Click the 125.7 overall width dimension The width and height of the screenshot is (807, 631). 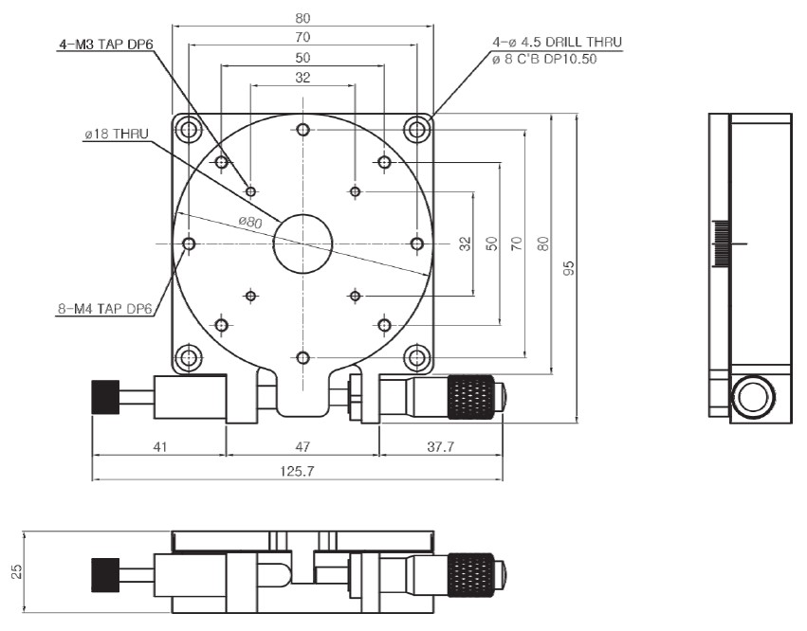297,471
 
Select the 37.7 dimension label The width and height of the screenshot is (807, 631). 440,446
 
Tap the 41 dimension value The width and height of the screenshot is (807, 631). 159,446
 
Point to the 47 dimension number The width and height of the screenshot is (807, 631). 302,446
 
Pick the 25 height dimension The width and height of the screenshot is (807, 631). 15,571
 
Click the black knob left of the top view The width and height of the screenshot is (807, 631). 104,397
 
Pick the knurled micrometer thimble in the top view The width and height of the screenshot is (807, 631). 471,397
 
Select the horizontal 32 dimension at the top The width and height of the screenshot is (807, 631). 302,78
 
